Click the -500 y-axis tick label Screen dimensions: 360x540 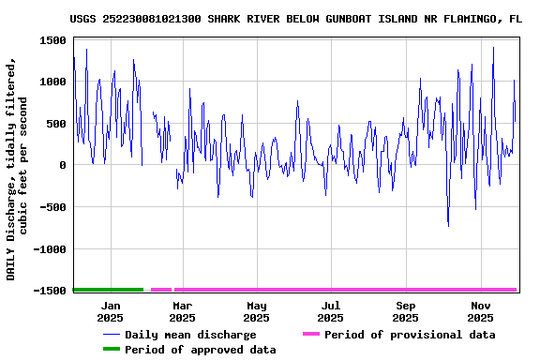[50, 207]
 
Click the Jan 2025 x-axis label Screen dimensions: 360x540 [111, 311]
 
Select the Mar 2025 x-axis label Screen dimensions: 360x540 [183, 311]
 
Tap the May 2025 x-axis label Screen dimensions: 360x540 [257, 311]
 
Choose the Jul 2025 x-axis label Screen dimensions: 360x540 [330, 311]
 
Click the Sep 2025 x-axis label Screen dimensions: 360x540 [405, 311]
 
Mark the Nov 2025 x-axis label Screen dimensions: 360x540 [480, 311]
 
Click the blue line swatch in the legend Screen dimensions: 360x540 [112, 335]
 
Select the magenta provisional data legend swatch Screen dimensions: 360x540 [311, 335]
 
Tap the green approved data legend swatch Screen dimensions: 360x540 [112, 350]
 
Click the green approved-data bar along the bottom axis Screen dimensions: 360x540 [108, 290]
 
